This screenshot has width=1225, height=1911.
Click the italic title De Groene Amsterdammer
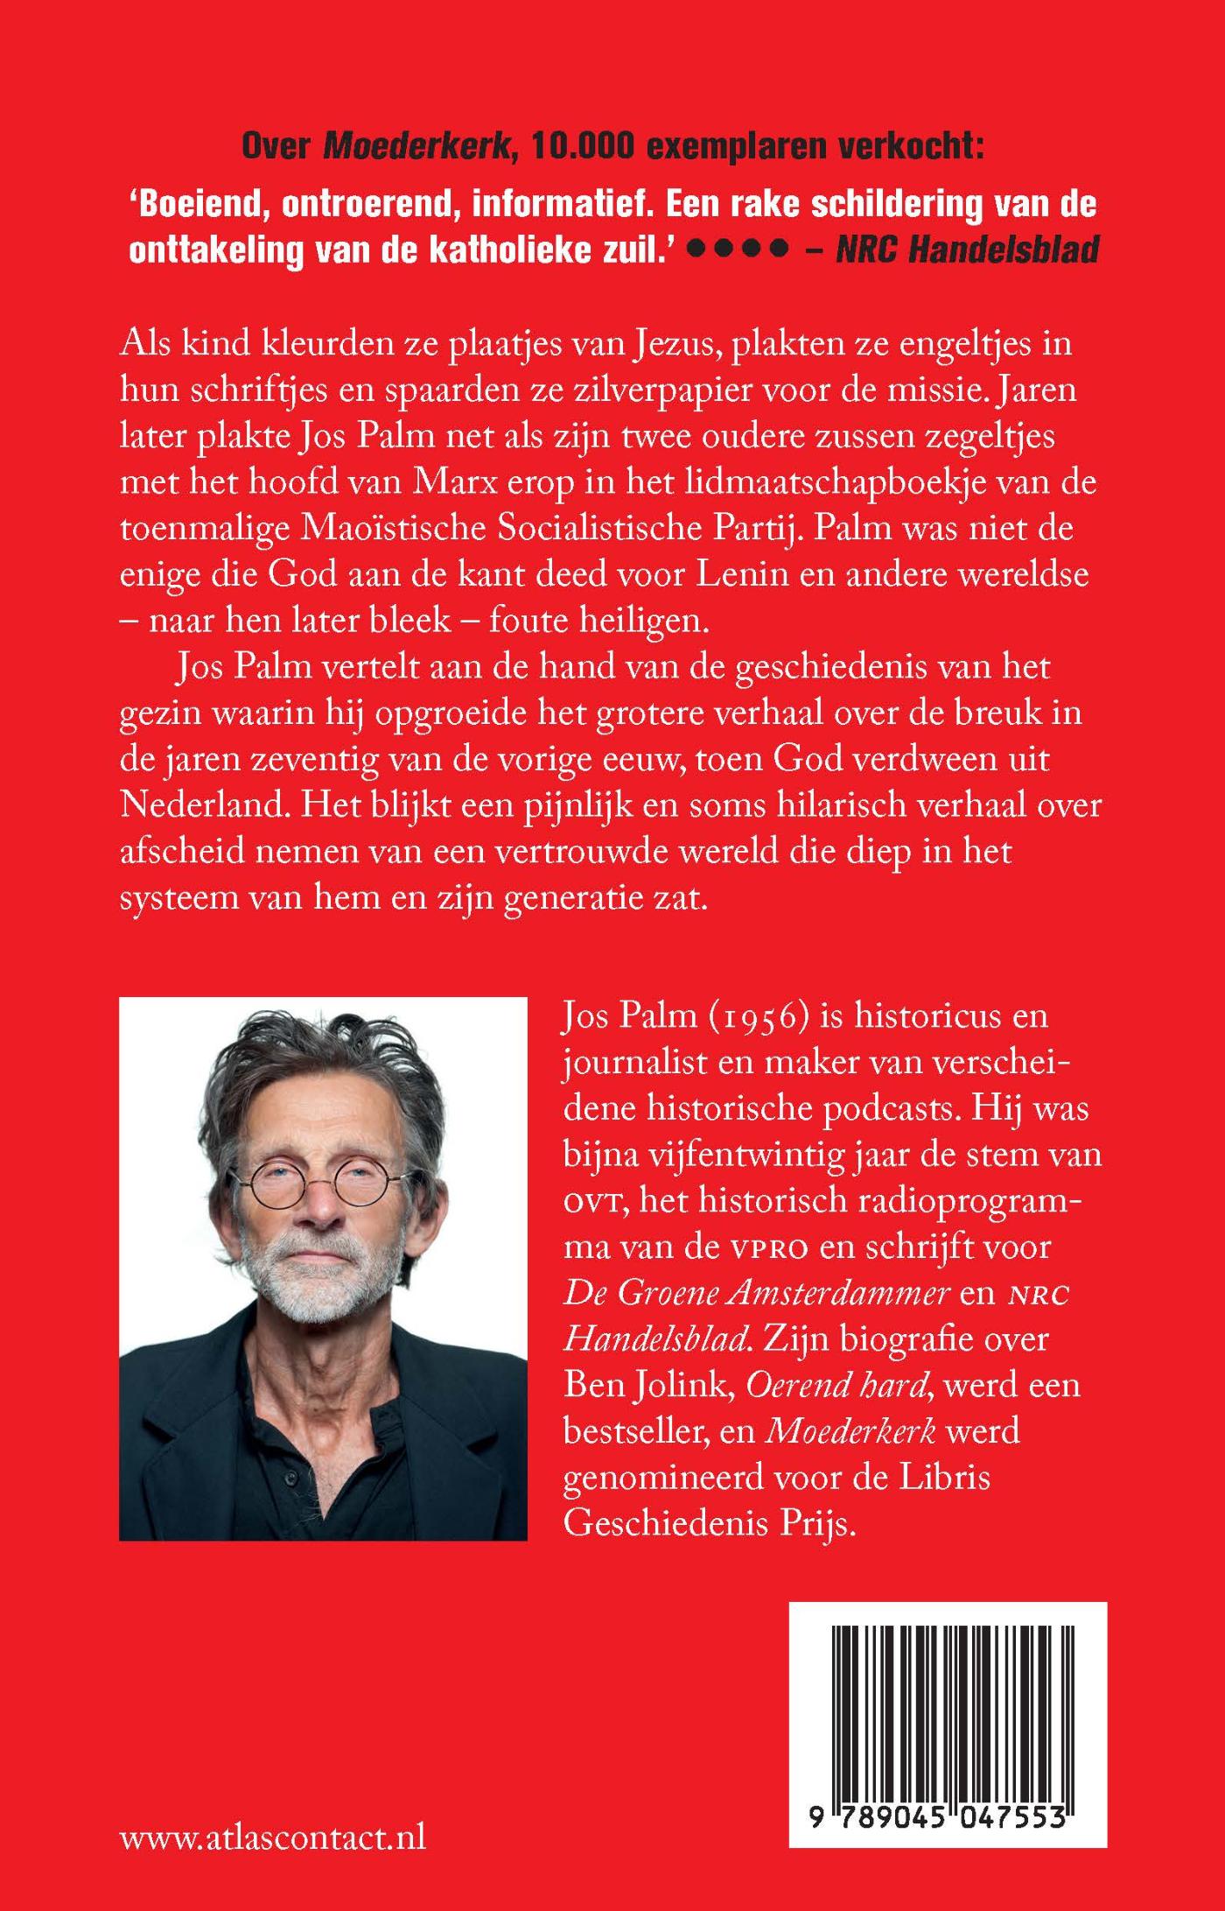pyautogui.click(x=756, y=1293)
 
